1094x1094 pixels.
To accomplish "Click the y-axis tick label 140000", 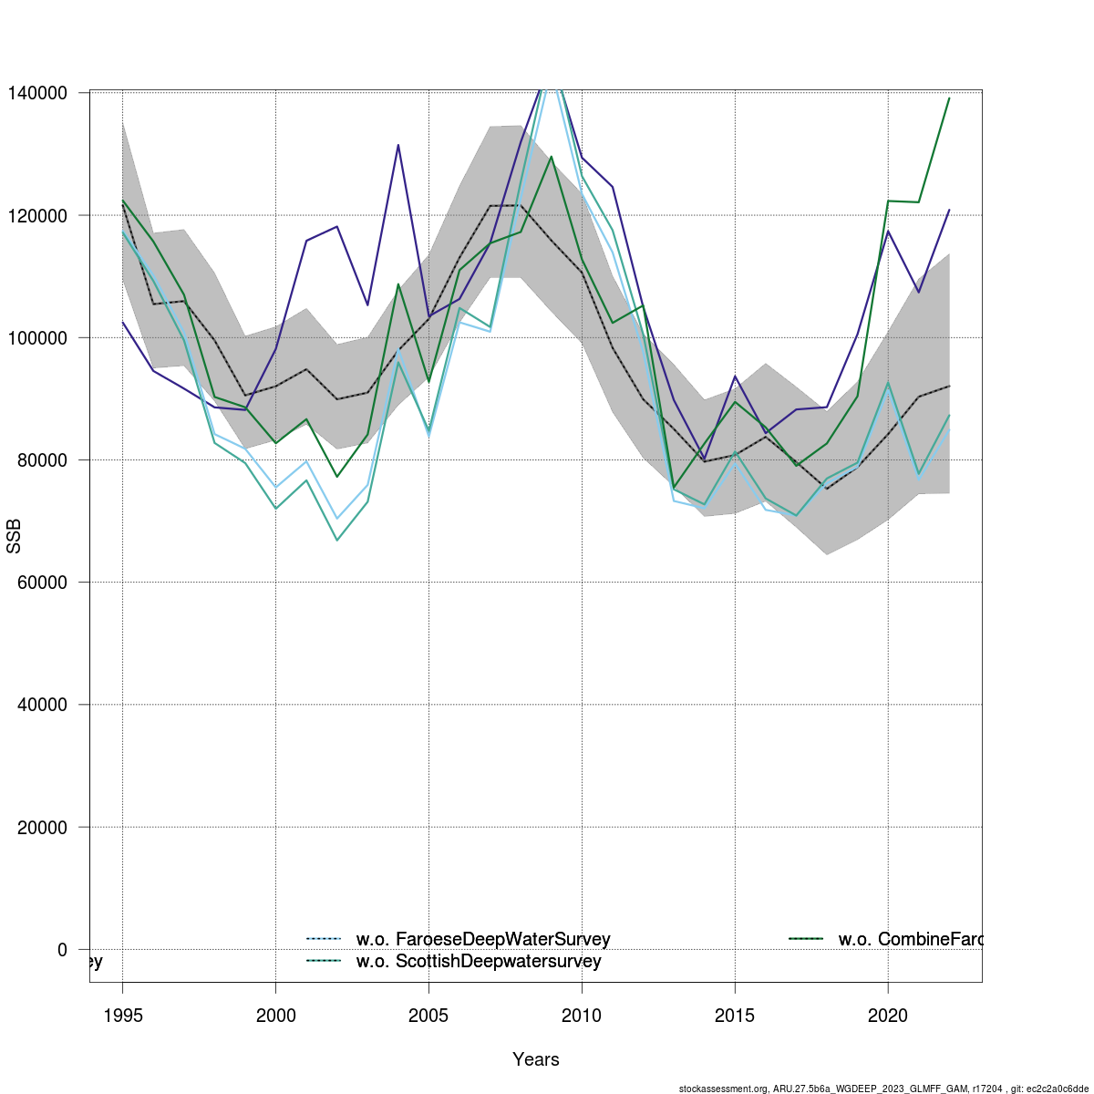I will pyautogui.click(x=37, y=93).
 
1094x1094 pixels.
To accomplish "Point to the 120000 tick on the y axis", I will pyautogui.click(x=37, y=215).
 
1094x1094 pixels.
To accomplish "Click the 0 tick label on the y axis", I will pyautogui.click(x=62, y=950).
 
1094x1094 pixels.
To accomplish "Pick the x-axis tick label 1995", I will pyautogui.click(x=122, y=1016).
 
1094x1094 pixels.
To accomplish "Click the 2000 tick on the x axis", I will pyautogui.click(x=275, y=1016).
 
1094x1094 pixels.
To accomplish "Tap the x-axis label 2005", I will pyautogui.click(x=428, y=1016).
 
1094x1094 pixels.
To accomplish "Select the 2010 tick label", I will pyautogui.click(x=582, y=1016).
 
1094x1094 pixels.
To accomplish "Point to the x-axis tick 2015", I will pyautogui.click(x=735, y=1016).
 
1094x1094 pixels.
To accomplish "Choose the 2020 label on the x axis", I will pyautogui.click(x=888, y=1016).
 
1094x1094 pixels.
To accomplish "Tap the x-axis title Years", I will pyautogui.click(x=536, y=1059).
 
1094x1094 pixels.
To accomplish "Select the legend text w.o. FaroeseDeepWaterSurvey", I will pyautogui.click(x=483, y=939).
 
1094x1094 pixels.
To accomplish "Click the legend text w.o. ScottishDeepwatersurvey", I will pyautogui.click(x=479, y=961).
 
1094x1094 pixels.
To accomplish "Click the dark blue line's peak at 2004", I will pyautogui.click(x=398, y=145).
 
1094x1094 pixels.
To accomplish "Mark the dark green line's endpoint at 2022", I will pyautogui.click(x=949, y=98).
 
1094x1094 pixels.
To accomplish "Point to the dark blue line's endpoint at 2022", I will pyautogui.click(x=949, y=210).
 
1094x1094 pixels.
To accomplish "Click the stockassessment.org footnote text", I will pyautogui.click(x=883, y=1089).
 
